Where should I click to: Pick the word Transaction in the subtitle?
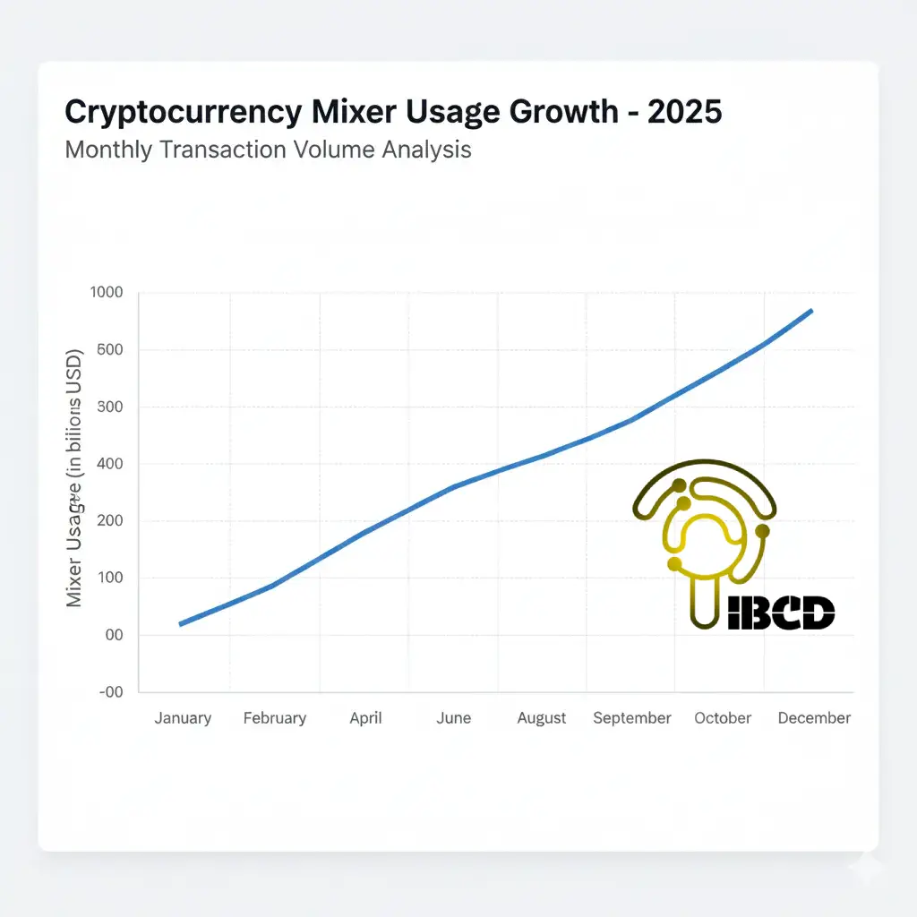pos(224,149)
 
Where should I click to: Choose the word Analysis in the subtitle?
pos(426,149)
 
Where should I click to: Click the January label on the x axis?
pos(183,718)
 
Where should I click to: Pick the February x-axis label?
pos(275,718)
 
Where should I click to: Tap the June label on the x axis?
pos(454,718)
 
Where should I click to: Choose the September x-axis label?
pos(632,718)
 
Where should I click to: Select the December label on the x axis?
pos(814,718)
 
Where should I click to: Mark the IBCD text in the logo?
pos(782,613)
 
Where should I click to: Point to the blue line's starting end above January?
pos(182,623)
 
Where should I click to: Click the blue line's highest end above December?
pos(810,312)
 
